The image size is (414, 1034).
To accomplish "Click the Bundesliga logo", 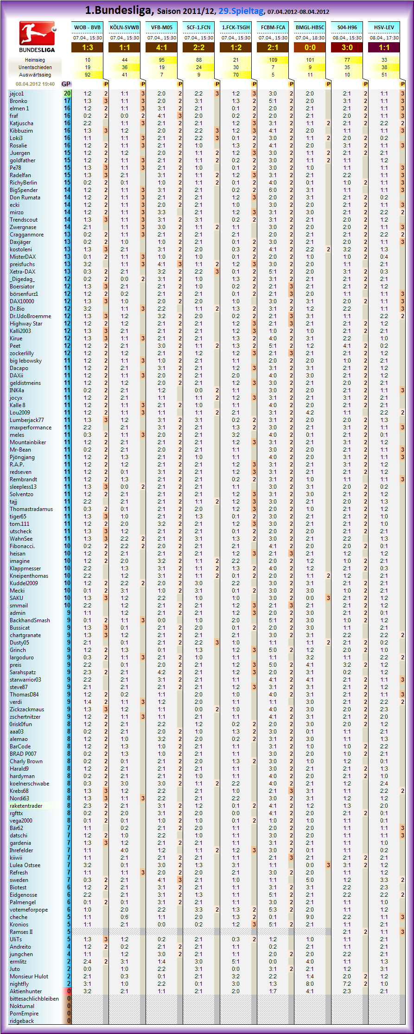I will (x=37, y=36).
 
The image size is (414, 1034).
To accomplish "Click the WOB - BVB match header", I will (x=87, y=27).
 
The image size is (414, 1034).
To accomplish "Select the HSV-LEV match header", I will (x=384, y=27).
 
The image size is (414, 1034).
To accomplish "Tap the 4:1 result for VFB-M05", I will (x=161, y=47).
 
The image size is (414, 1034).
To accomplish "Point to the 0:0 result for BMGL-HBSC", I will (x=310, y=47).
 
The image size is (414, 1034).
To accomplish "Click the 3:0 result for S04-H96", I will (x=347, y=47).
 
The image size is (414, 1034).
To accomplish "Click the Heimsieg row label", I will (x=35, y=60).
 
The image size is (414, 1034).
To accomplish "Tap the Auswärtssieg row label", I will (x=35, y=75).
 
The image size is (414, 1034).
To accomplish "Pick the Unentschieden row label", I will (x=35, y=67).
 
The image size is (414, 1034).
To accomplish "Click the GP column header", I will (x=66, y=84).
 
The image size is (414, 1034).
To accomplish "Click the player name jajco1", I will (x=17, y=94).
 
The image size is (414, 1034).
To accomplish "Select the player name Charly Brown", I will (x=26, y=761).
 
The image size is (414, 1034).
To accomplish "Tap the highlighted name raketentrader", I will (x=26, y=805).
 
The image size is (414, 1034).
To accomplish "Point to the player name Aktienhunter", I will (x=26, y=991).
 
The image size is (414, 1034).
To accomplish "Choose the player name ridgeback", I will (x=22, y=1021).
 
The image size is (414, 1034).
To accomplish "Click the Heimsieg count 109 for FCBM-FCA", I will (x=273, y=60).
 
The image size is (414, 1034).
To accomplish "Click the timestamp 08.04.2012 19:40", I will (x=35, y=84).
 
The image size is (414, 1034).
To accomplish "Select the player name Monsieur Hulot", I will (x=29, y=976).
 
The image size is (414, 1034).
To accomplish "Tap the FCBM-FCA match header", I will (x=273, y=27).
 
